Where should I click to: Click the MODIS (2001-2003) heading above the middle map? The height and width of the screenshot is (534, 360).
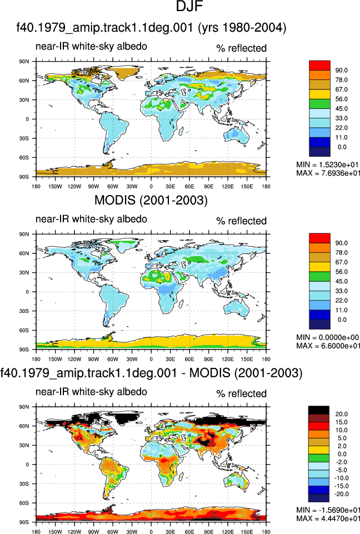pyautogui.click(x=151, y=200)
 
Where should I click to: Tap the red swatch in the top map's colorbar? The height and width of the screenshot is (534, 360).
pyautogui.click(x=319, y=66)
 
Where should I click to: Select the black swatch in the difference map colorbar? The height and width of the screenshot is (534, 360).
pyautogui.click(x=319, y=410)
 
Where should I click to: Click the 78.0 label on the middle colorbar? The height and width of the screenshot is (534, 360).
pyautogui.click(x=341, y=253)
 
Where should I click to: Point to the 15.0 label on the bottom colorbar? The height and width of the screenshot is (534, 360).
pyautogui.click(x=341, y=422)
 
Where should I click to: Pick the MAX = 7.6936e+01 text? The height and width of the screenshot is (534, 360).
pyautogui.click(x=328, y=173)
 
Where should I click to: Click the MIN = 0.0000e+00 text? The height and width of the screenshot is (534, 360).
pyautogui.click(x=328, y=337)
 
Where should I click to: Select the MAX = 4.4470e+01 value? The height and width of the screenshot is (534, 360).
pyautogui.click(x=328, y=518)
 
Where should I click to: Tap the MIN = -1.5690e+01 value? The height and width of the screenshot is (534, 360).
pyautogui.click(x=328, y=510)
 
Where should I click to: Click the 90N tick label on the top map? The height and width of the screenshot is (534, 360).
pyautogui.click(x=24, y=62)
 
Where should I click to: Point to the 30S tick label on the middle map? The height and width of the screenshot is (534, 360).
pyautogui.click(x=24, y=311)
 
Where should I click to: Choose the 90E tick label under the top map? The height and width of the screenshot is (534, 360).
pyautogui.click(x=208, y=187)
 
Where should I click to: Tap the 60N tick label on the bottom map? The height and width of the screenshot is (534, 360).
pyautogui.click(x=24, y=426)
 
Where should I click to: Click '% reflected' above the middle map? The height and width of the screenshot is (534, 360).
pyautogui.click(x=242, y=221)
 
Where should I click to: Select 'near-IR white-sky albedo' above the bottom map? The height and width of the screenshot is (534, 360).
pyautogui.click(x=91, y=392)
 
